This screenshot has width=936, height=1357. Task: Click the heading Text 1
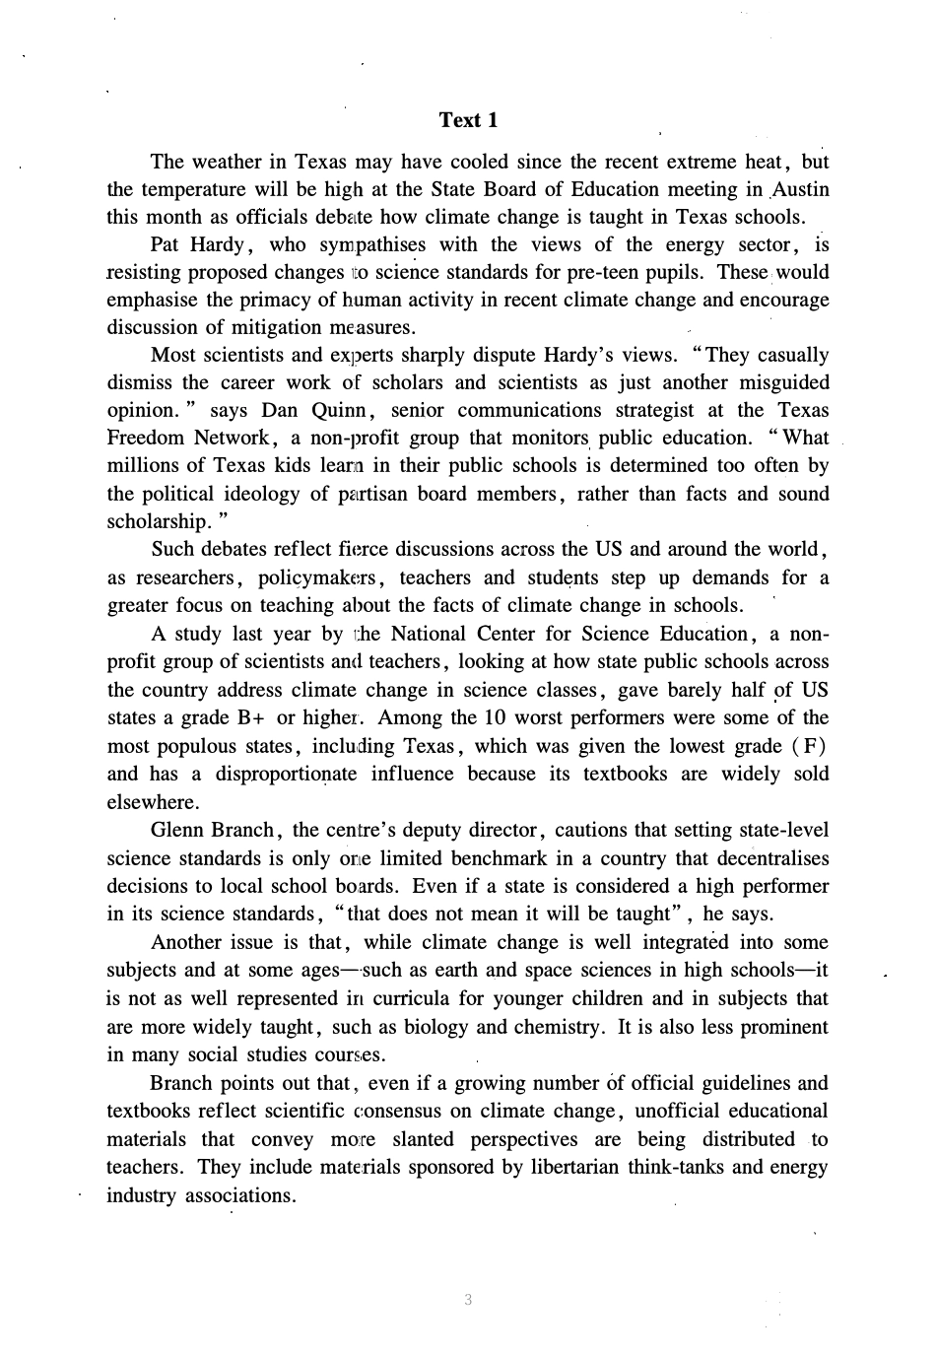click(x=468, y=120)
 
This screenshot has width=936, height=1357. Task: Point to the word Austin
click(x=800, y=189)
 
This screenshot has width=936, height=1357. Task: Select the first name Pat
click(x=166, y=244)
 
